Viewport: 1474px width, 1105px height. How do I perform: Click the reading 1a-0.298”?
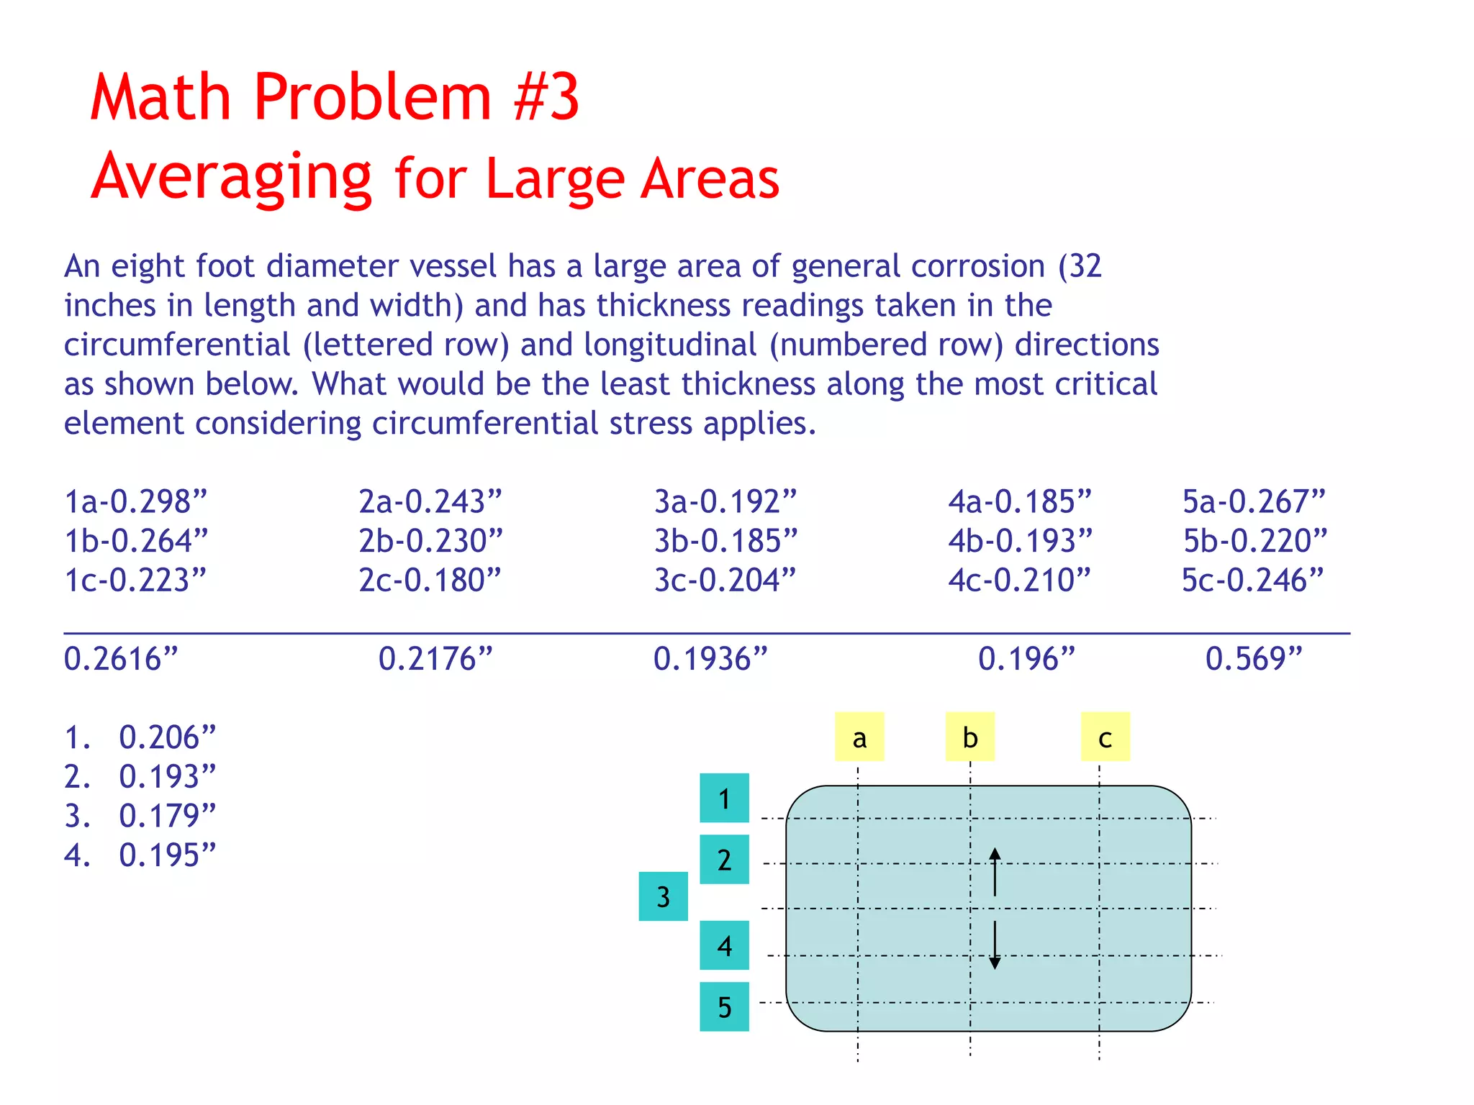[135, 501]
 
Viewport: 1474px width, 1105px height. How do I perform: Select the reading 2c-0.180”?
[430, 581]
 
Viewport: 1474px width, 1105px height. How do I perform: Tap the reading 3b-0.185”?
[725, 541]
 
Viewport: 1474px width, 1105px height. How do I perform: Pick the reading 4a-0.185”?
[1020, 501]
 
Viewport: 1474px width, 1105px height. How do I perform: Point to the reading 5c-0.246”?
[1253, 581]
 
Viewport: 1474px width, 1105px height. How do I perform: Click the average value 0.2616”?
[121, 659]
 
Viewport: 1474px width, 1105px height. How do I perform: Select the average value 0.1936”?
[710, 659]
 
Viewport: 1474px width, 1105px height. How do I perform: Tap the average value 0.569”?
[1254, 659]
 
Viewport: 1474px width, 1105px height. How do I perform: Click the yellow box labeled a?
[859, 737]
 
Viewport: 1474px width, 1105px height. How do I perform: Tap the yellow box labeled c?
[1105, 737]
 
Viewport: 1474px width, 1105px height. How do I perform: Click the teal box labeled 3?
[663, 896]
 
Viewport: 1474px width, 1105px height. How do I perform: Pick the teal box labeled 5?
[724, 1006]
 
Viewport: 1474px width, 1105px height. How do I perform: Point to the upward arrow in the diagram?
[995, 871]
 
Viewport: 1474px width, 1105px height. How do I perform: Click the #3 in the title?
[546, 97]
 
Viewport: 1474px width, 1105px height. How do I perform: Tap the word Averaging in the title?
[232, 177]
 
